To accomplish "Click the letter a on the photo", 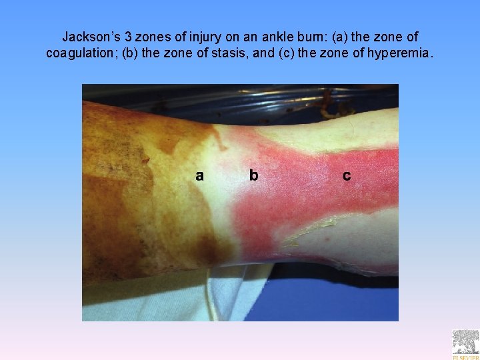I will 199,175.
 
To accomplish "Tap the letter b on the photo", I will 253,175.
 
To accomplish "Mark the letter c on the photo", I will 347,175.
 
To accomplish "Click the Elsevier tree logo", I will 465,341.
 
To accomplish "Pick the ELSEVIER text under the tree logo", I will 465,356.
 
